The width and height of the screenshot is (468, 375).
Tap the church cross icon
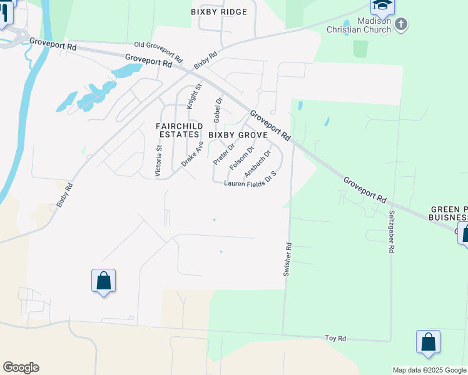point(402,24)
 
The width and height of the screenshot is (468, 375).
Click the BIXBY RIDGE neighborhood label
point(219,12)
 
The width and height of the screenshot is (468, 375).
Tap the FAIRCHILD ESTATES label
point(179,130)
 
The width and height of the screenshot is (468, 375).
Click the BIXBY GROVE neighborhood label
point(238,134)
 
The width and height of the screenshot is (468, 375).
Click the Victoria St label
point(159,161)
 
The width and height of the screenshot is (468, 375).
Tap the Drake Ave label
point(193,153)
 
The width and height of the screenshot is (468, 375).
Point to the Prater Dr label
point(223,154)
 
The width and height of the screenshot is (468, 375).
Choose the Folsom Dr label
point(242,158)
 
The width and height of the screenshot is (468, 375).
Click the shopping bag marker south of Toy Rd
point(428,342)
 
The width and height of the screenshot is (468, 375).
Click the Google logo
point(21,367)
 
